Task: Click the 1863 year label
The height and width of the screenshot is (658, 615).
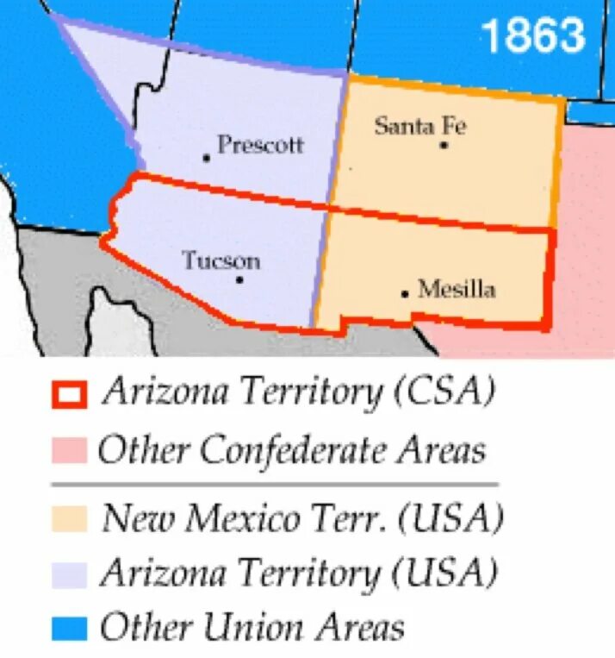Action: [531, 36]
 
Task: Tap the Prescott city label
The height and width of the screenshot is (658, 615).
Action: [260, 144]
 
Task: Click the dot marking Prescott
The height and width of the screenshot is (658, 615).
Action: [207, 157]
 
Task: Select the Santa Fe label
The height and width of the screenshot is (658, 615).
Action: [419, 126]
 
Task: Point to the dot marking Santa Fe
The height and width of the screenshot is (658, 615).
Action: [444, 145]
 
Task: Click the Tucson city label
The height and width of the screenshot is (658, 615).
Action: [221, 260]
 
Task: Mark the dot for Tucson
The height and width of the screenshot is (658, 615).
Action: [239, 279]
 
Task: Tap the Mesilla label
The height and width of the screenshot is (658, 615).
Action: [457, 289]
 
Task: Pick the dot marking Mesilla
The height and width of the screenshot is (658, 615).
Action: [404, 294]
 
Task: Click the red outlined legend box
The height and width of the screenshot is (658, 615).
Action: [69, 394]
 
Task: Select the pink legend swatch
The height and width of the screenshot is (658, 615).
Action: [69, 449]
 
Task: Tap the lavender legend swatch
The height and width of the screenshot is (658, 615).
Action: [69, 573]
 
